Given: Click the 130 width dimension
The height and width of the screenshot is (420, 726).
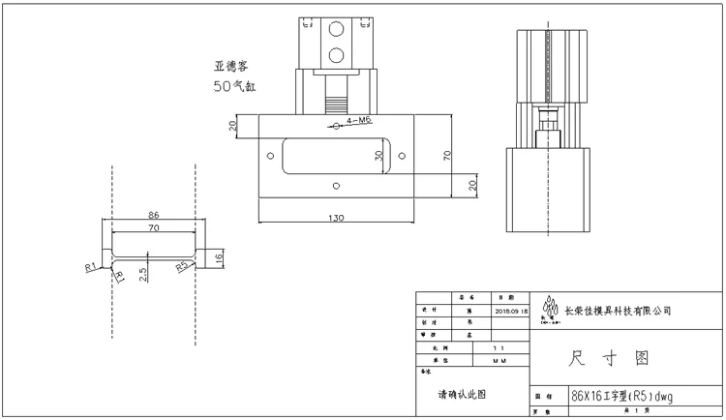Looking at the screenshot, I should click(x=335, y=218).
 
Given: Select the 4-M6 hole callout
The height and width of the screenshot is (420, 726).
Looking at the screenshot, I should click(x=357, y=121).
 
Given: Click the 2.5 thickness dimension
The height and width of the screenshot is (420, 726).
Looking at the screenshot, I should click(x=143, y=274).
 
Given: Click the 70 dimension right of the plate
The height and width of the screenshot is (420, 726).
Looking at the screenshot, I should click(x=447, y=154).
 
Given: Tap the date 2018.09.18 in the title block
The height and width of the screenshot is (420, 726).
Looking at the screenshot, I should click(x=511, y=312).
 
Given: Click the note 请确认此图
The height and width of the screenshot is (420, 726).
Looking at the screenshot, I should click(x=462, y=394).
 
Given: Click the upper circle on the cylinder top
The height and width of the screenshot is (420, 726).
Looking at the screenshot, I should click(x=336, y=29).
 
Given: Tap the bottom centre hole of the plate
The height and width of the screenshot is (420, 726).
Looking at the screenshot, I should click(x=336, y=184).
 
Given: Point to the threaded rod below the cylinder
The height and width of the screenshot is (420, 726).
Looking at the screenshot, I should click(x=336, y=103).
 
